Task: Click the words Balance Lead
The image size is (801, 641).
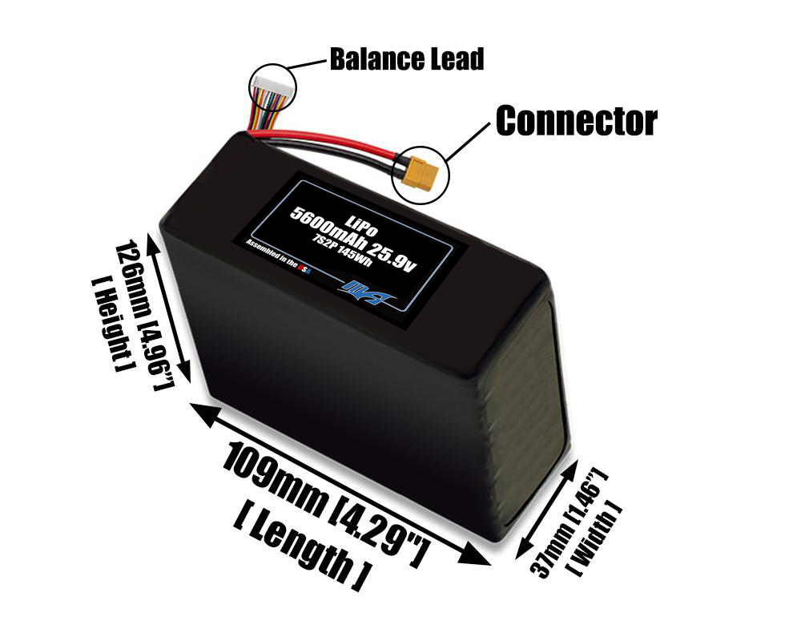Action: point(406,58)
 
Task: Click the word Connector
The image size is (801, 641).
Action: point(576,121)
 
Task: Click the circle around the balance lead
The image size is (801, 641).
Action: point(272,66)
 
